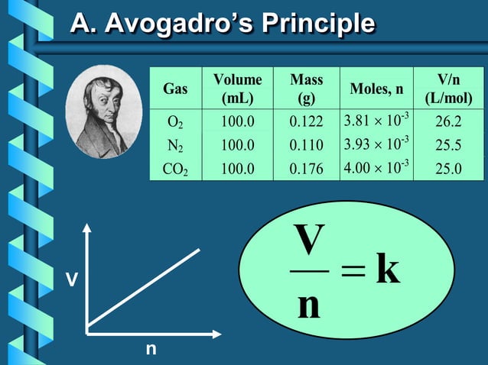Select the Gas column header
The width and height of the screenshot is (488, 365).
(175, 89)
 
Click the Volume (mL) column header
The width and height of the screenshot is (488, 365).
(237, 89)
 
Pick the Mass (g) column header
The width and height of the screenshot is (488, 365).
(306, 89)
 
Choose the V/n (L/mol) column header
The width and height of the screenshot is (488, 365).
(448, 89)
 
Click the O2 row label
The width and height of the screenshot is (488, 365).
(175, 121)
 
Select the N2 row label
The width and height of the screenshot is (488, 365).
(175, 144)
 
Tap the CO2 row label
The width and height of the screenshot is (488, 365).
(175, 168)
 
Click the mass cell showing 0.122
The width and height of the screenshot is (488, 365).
(306, 121)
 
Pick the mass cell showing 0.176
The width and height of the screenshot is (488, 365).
(306, 168)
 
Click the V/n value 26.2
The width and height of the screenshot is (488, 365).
(448, 121)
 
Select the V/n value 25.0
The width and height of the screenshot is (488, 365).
(448, 168)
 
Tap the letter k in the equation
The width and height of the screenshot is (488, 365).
(388, 271)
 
